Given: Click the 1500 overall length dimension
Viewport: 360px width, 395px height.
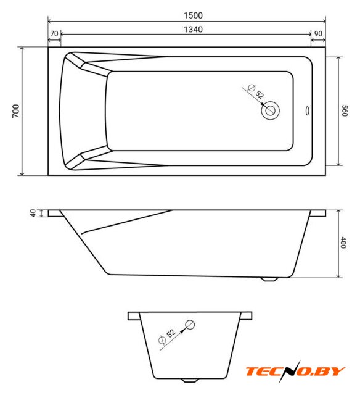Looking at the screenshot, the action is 193,15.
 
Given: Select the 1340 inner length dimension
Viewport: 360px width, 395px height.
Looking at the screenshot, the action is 193,30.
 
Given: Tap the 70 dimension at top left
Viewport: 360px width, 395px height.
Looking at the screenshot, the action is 54,33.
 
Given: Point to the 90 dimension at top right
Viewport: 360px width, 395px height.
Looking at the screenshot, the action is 318,33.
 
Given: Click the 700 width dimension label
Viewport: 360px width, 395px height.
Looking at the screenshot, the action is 16,111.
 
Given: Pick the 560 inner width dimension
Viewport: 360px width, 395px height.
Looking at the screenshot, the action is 345,111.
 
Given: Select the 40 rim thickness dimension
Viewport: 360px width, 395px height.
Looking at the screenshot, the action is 33,213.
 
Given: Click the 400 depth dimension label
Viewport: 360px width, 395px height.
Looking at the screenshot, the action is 343,243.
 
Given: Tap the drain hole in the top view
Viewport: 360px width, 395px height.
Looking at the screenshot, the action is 271,110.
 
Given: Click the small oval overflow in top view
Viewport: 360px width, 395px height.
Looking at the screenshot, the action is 307,111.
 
